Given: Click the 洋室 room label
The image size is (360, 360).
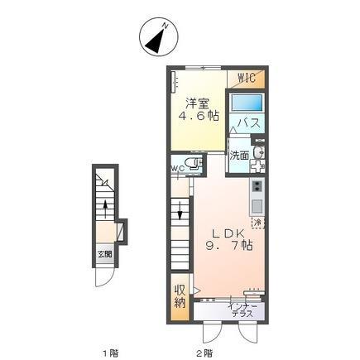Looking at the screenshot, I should click(x=197, y=103).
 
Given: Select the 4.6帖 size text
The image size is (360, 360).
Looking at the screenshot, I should click(x=197, y=116).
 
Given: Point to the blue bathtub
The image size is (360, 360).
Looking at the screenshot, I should click(x=246, y=103).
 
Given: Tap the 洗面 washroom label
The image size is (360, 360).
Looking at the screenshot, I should click(x=239, y=154).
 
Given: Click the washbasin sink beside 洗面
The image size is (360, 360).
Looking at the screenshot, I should click(x=258, y=154).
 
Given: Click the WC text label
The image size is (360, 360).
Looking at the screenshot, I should click(x=177, y=169).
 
